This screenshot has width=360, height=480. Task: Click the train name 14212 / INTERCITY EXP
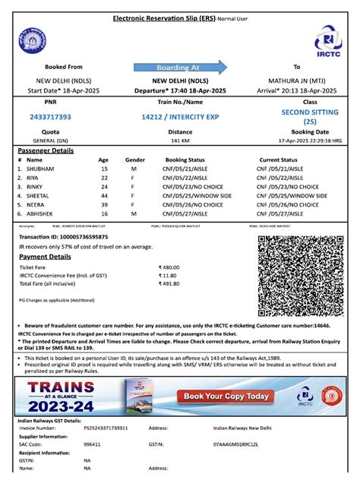click(179, 117)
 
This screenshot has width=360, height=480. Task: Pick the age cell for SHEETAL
click(104, 195)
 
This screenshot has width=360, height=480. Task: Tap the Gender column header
click(134, 159)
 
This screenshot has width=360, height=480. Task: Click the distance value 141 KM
click(179, 141)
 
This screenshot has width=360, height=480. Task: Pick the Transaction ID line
click(63, 237)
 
